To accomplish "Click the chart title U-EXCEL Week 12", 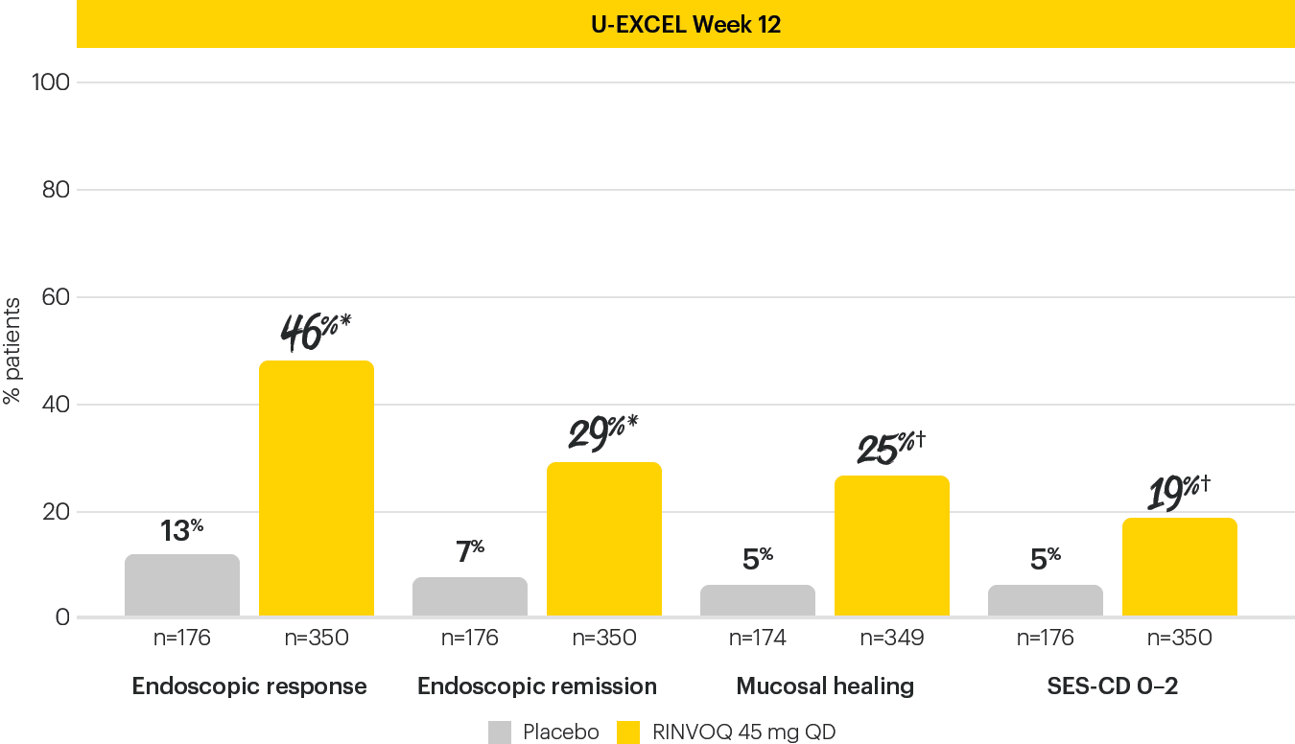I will [685, 24].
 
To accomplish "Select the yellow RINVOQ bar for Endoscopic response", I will [316, 488].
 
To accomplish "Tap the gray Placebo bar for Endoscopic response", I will [181, 585].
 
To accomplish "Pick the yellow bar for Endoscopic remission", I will [603, 539].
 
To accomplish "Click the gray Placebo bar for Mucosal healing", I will [757, 600].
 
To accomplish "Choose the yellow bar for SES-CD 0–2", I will [1179, 567].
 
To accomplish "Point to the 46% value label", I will [316, 331].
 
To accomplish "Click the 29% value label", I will [603, 432].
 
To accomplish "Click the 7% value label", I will [469, 552].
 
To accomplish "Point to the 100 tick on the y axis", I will [51, 82].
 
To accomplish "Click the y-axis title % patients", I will [12, 350].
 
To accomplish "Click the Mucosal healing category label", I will [825, 686].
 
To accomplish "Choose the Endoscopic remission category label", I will [537, 686].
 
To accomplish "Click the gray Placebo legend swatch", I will [500, 732].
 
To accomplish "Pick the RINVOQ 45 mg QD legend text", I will [743, 732].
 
